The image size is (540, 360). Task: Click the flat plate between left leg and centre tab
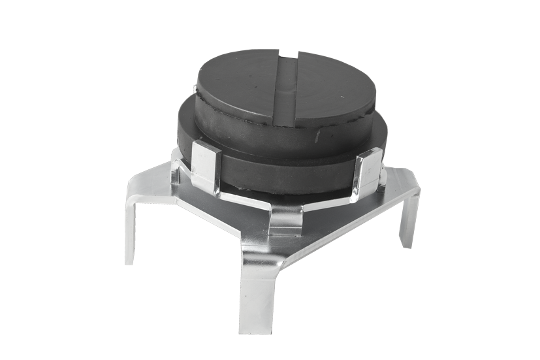tap(215, 209)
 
